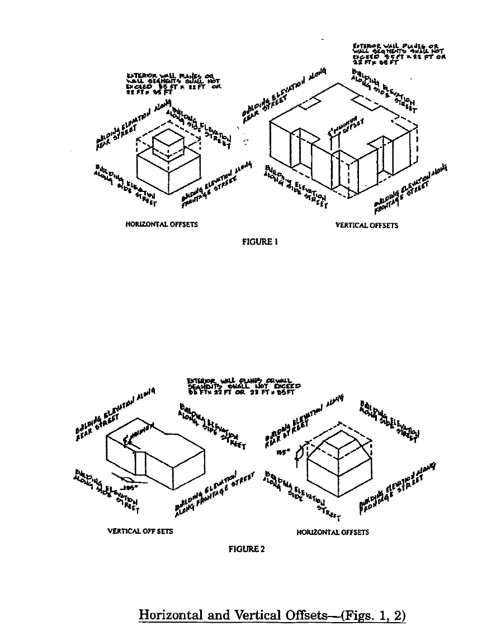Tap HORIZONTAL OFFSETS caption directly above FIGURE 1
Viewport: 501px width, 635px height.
(162, 224)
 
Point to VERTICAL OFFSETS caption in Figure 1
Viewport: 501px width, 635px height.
(366, 225)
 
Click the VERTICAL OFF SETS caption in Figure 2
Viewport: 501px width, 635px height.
(140, 531)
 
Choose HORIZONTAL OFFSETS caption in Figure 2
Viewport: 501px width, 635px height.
(333, 532)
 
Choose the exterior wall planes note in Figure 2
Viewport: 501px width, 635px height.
(244, 386)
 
